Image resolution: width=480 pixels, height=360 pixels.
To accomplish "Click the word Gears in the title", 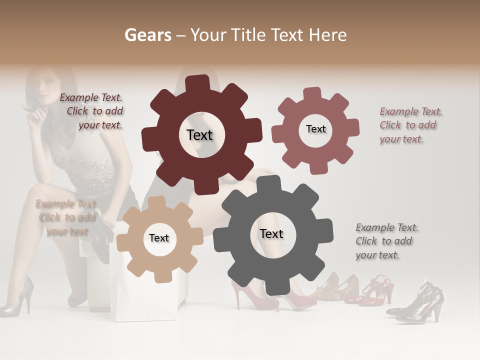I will pos(147,35).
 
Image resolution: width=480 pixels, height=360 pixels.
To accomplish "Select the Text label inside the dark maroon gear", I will pos(199,135).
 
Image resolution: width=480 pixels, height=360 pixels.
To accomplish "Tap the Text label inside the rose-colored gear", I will pos(315,129).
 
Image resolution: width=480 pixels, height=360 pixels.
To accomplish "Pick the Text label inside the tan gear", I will pos(159,238).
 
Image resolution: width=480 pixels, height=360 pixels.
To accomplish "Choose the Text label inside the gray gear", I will pos(271,233).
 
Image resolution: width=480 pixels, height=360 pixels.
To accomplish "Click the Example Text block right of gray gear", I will pos(386,241).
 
